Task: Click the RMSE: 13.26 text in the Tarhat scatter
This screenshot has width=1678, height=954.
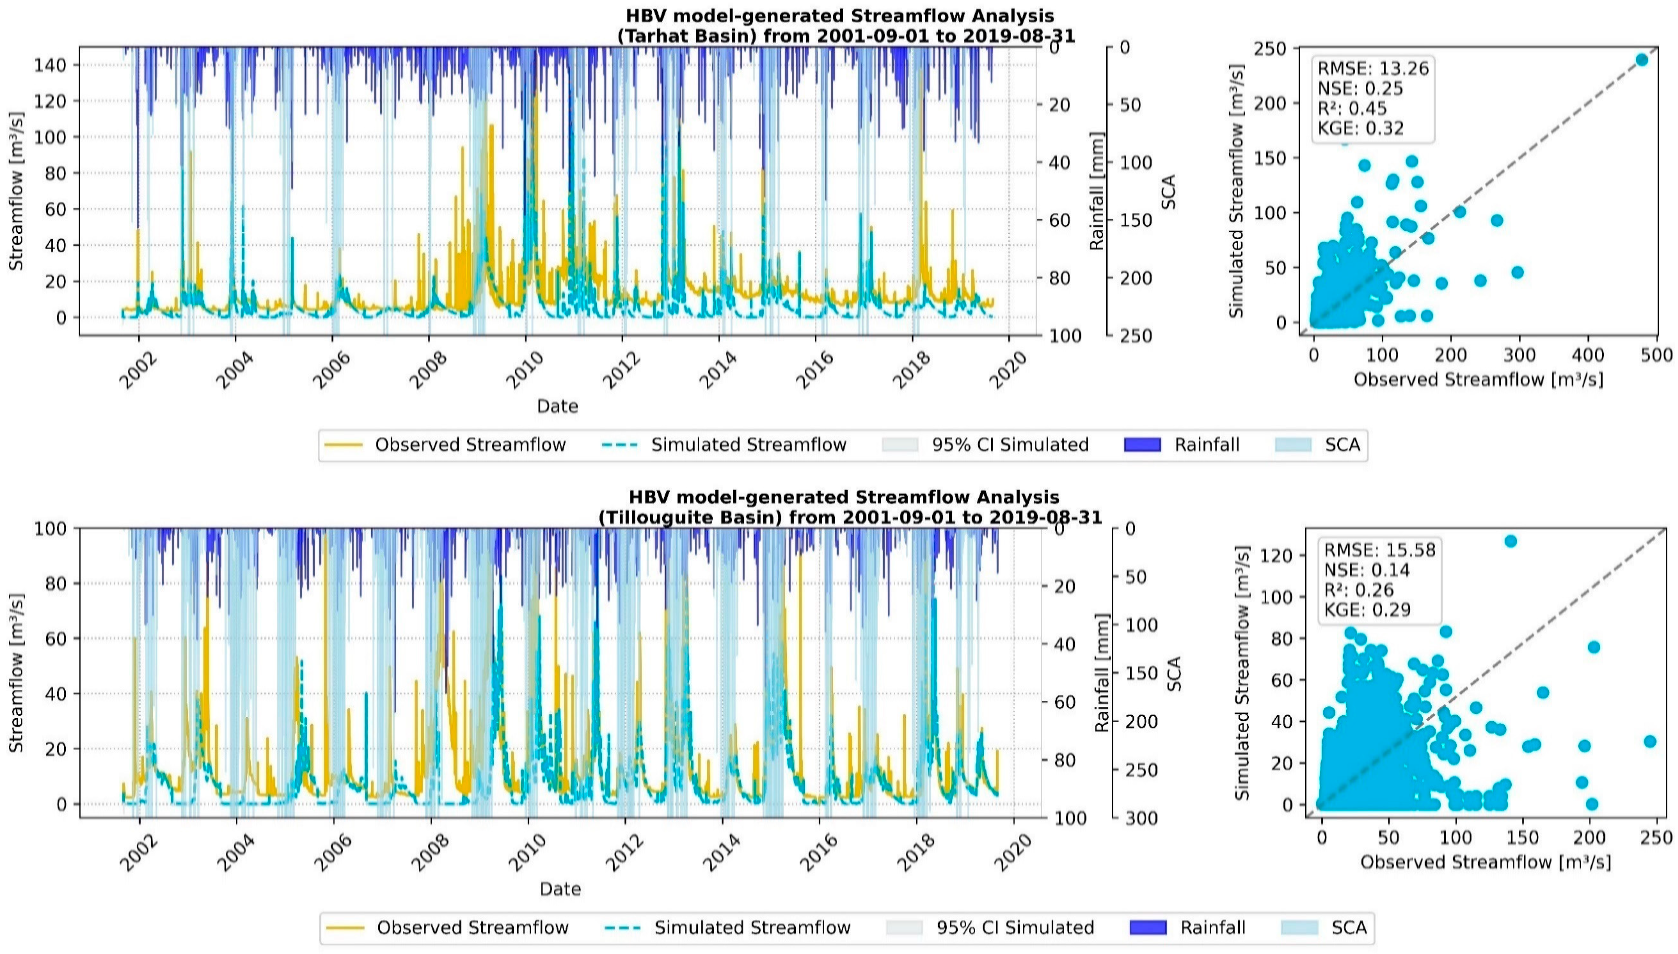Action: click(1373, 68)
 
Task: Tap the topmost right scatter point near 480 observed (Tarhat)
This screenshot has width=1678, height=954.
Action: click(1641, 59)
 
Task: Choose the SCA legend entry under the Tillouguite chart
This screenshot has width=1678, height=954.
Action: click(1348, 928)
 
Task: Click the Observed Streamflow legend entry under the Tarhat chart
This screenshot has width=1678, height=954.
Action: click(470, 445)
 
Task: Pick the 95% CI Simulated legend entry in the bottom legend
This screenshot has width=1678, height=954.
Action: click(1015, 928)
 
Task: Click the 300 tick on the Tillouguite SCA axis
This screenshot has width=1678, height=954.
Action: click(1141, 818)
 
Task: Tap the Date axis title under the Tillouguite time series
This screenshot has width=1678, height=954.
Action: click(560, 889)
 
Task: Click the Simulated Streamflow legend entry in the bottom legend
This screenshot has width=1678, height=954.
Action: click(752, 928)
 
